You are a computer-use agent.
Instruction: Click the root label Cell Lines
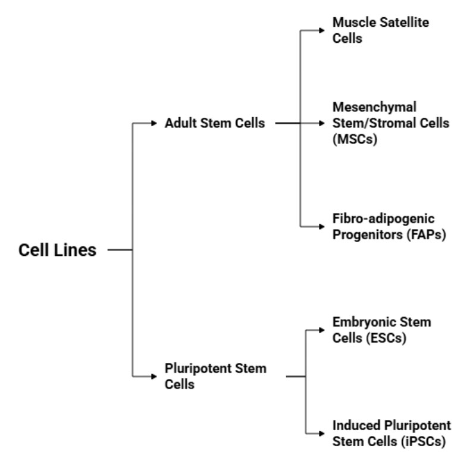57,250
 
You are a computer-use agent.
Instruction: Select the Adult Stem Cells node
215,124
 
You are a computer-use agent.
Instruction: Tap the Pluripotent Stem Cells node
215,377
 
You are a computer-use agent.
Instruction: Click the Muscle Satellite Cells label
381,29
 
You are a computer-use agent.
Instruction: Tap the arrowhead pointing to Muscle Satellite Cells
325,29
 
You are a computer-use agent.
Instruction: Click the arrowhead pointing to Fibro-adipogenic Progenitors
325,227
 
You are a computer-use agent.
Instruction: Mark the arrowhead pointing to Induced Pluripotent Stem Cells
325,434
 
